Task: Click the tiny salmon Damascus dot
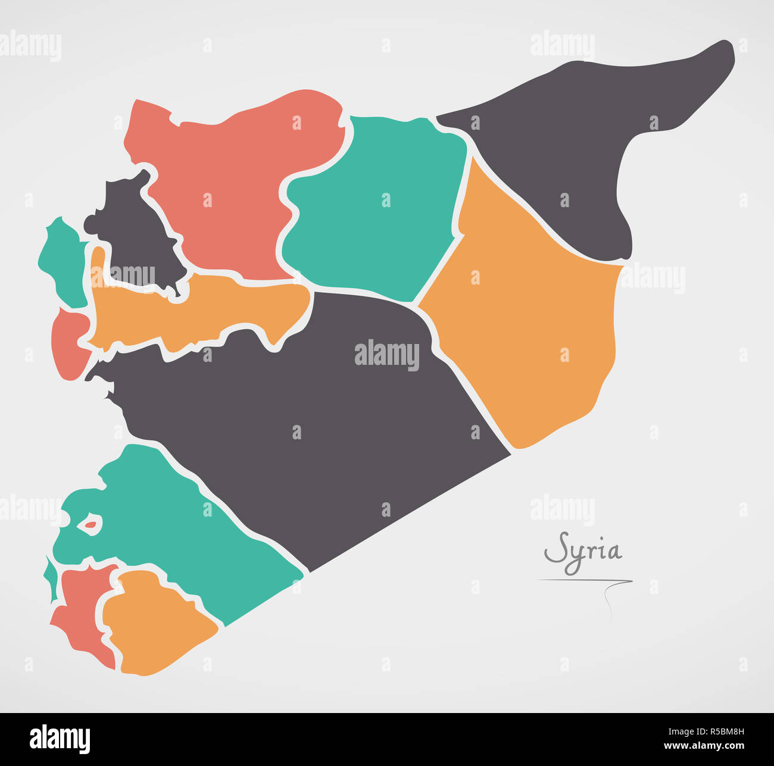pyautogui.click(x=90, y=525)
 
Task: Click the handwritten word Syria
pyautogui.click(x=583, y=551)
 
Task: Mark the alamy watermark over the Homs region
pyautogui.click(x=387, y=355)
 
